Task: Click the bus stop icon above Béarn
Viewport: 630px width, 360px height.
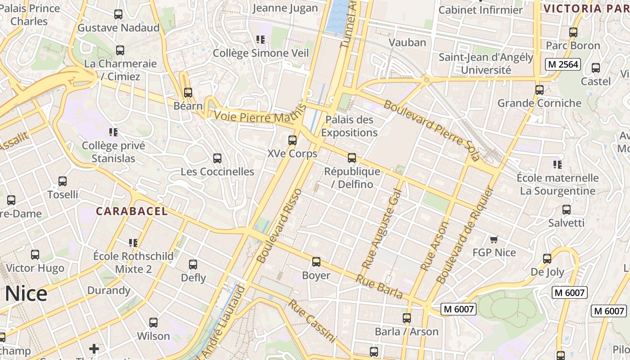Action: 188,93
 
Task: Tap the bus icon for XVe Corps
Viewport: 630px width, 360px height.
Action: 292,140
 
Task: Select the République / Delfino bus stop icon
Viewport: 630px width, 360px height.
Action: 352,158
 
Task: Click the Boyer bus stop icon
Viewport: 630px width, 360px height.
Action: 316,262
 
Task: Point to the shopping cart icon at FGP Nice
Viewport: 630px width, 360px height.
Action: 494,239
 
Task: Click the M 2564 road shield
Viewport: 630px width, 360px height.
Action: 562,64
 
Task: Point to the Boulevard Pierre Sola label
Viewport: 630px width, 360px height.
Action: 432,130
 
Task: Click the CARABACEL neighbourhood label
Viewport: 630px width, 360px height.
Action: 132,211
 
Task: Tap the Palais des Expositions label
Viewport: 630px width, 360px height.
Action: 349,126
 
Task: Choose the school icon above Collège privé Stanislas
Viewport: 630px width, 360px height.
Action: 113,132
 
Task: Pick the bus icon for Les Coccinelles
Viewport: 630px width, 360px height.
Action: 217,158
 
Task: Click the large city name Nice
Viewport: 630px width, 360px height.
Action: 26,294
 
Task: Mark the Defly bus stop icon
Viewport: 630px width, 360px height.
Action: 193,265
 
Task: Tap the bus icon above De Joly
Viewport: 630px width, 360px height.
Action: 547,259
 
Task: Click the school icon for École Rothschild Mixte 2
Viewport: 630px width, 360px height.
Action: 133,243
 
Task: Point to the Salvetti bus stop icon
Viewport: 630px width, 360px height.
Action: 567,210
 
